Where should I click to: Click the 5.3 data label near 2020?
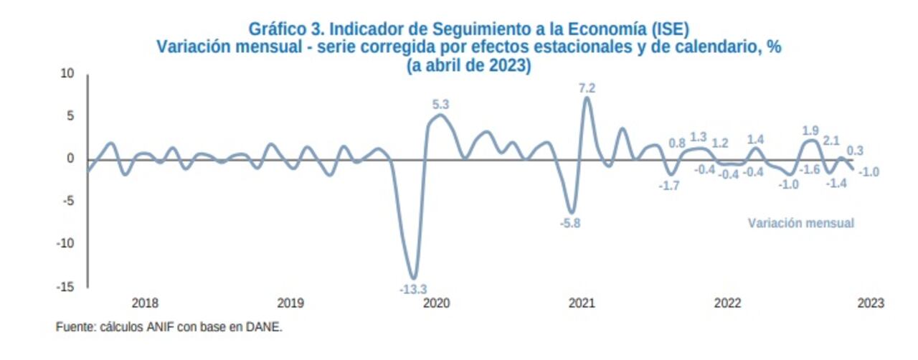click(440, 105)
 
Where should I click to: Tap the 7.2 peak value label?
click(587, 88)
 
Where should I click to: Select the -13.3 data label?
click(412, 289)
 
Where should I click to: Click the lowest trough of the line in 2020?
click(413, 278)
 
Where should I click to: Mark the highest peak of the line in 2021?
click(587, 98)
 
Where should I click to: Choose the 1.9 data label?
click(810, 131)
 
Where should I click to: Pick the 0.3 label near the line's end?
click(855, 151)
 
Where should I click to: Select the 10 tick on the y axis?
click(67, 74)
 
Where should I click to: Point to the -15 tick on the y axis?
click(66, 287)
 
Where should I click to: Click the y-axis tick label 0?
click(71, 159)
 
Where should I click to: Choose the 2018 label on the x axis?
click(145, 303)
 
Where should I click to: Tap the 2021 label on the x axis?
click(582, 303)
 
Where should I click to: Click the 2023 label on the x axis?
click(871, 303)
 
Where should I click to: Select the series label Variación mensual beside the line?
click(801, 223)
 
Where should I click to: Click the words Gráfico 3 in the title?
click(276, 29)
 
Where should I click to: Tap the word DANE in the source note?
click(265, 327)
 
